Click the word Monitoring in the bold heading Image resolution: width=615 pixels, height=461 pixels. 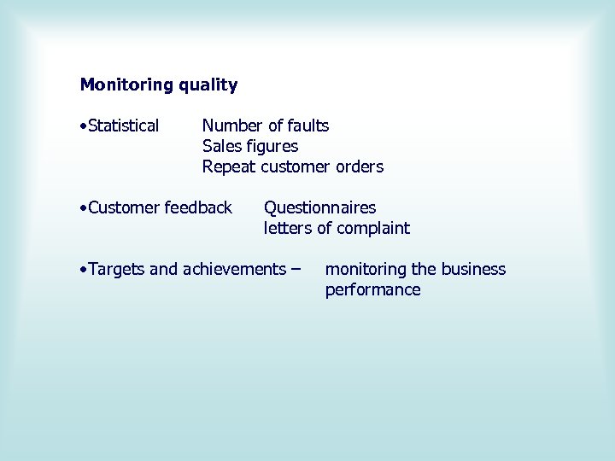coord(126,85)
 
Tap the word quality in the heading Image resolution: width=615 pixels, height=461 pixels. coord(208,85)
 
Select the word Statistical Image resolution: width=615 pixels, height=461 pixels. coord(123,125)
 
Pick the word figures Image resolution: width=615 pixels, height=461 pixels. coord(272,147)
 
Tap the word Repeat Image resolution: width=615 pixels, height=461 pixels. coord(228,167)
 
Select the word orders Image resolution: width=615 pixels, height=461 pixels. coord(360,166)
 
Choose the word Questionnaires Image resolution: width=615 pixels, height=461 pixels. coord(319,207)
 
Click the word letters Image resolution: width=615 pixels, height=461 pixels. coord(288,228)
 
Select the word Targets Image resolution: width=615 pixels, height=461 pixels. coord(117,269)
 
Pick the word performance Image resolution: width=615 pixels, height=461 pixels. coord(372,290)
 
